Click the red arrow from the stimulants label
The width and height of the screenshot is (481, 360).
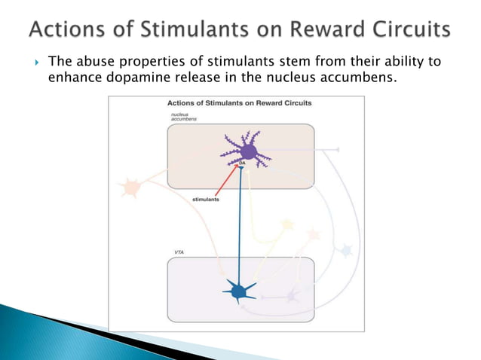coord(227,182)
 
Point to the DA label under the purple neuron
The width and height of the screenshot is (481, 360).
coord(242,163)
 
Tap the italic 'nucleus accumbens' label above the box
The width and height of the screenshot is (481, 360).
coord(182,117)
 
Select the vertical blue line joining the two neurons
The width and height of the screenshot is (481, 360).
coord(240,226)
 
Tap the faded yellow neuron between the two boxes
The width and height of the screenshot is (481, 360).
coord(286,224)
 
